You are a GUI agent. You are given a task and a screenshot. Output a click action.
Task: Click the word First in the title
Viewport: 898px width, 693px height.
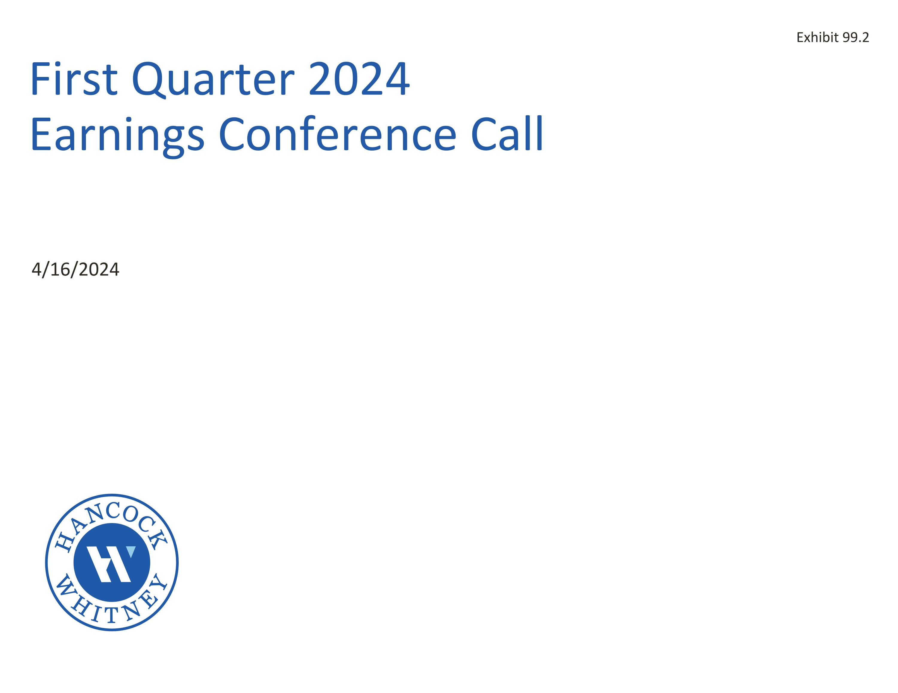click(74, 79)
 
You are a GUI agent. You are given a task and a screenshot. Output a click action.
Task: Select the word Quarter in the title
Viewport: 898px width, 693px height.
click(213, 79)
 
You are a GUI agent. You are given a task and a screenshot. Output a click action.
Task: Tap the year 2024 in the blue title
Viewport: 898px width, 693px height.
click(359, 79)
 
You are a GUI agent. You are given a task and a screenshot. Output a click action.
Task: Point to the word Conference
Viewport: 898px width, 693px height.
click(337, 134)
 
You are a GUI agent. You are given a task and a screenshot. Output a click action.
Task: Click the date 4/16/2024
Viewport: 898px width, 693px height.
click(75, 270)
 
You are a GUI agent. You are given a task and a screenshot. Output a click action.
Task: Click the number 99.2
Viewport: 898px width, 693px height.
click(856, 37)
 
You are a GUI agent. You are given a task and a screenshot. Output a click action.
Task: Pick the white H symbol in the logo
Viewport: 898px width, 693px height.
click(109, 564)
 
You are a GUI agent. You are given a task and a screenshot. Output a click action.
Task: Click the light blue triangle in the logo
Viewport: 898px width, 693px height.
click(131, 551)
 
